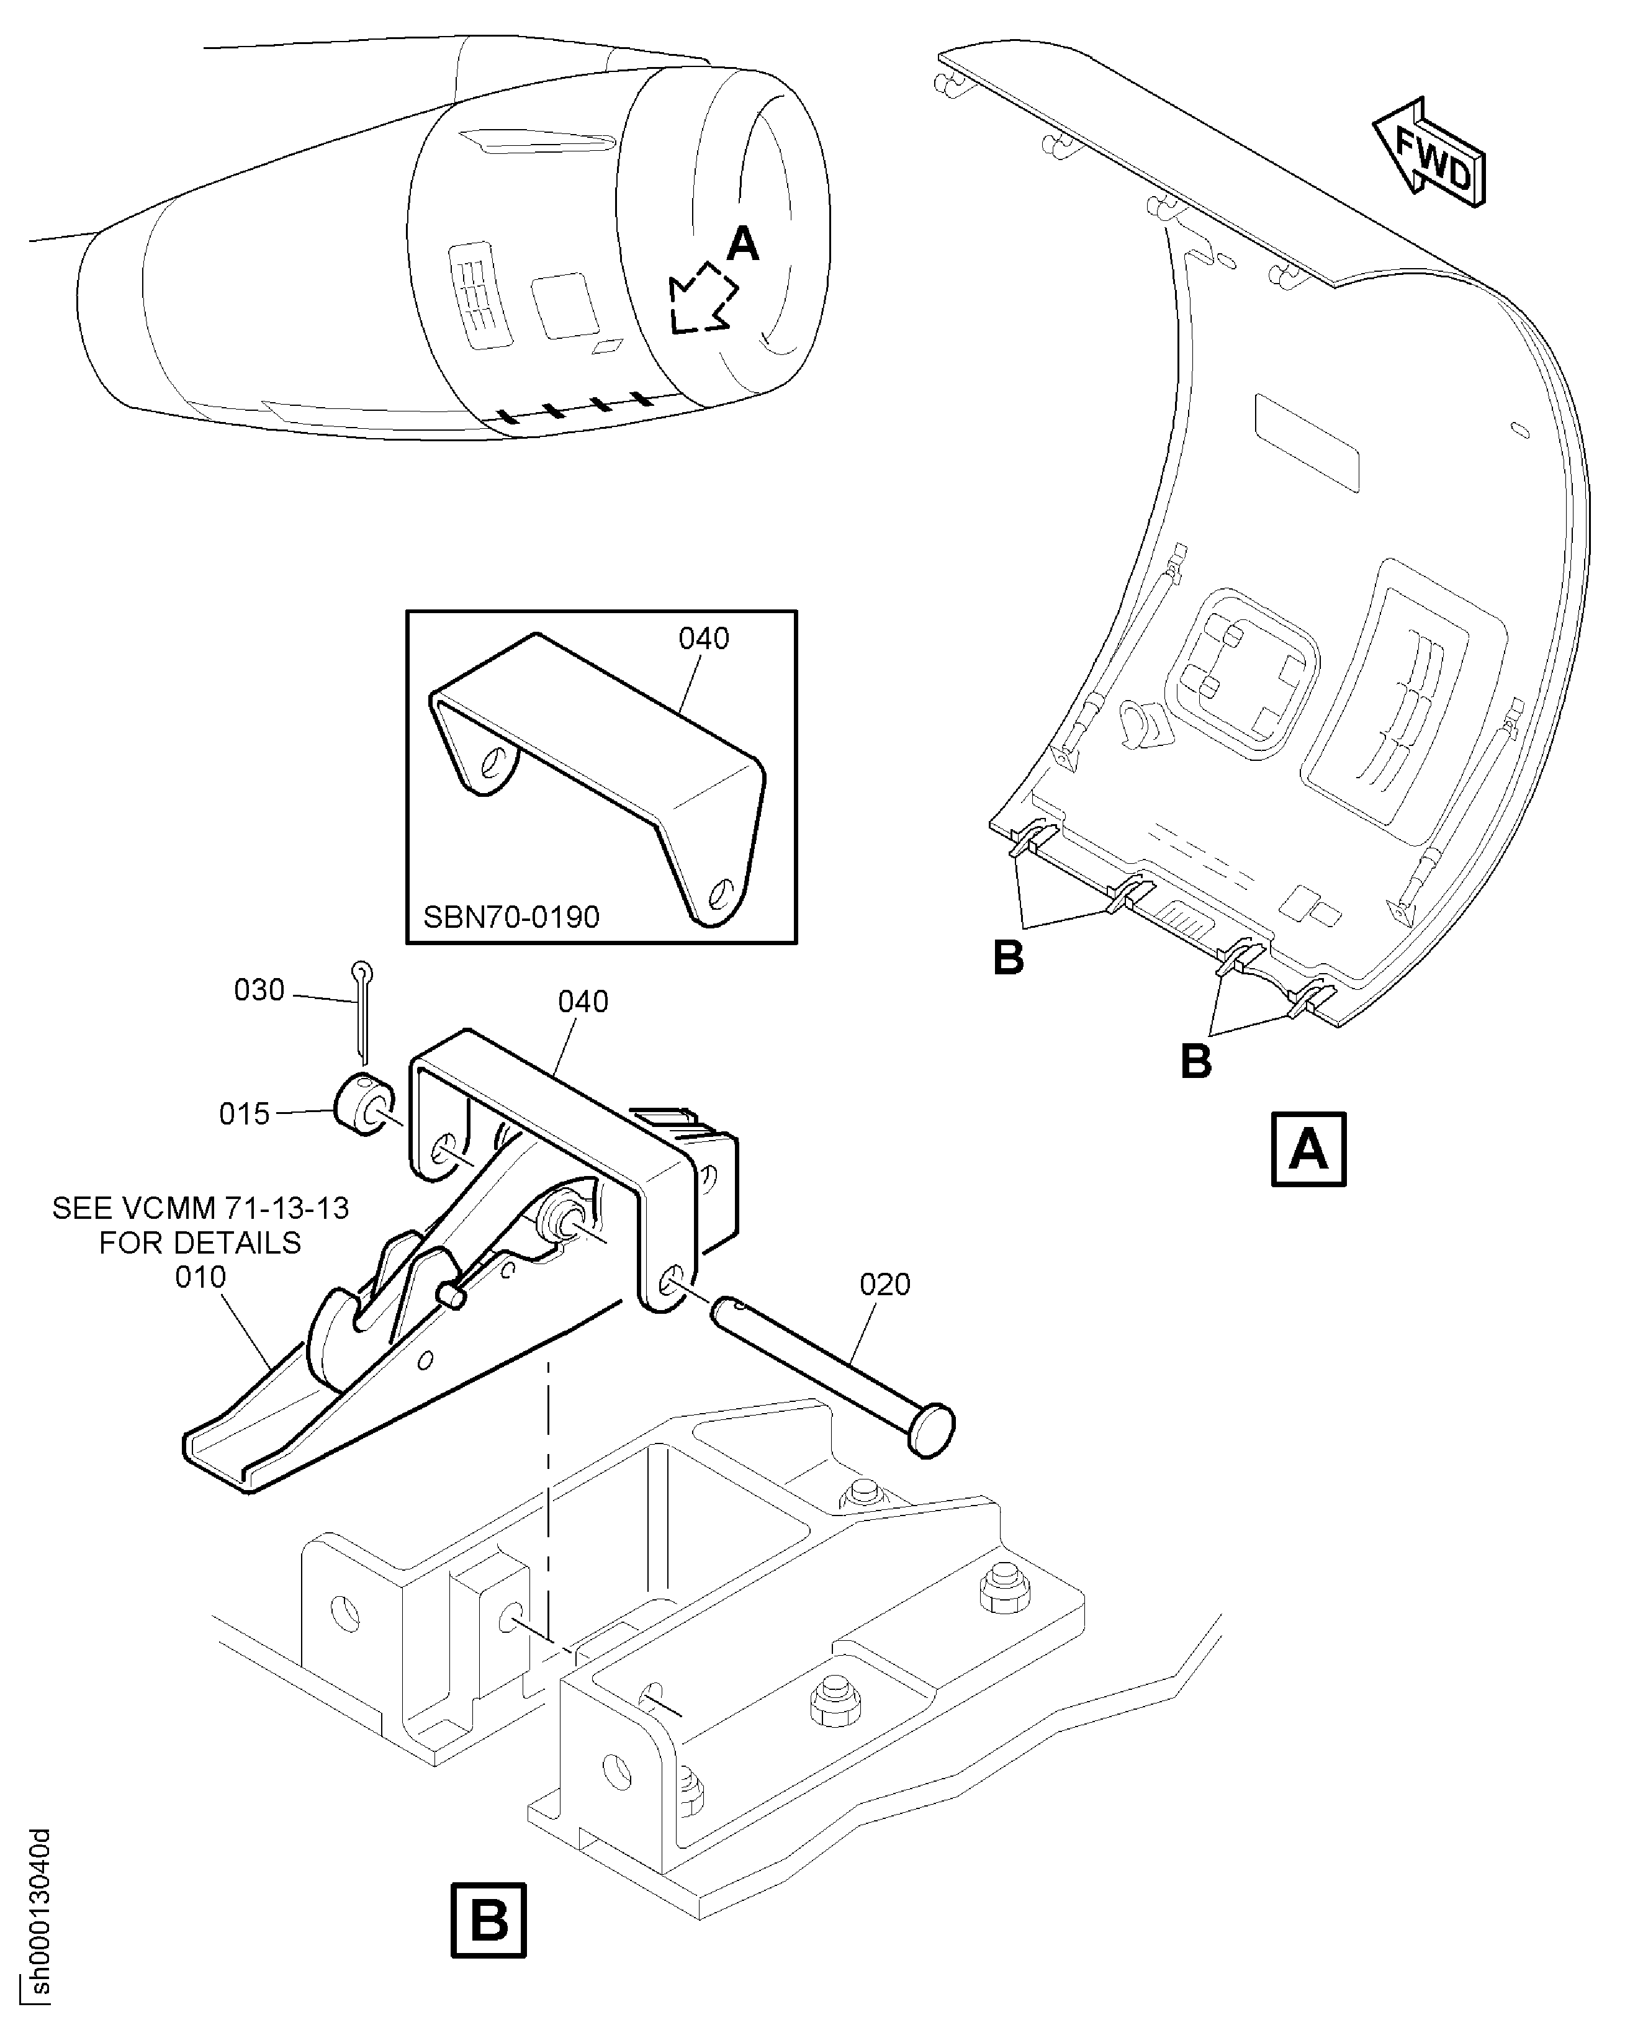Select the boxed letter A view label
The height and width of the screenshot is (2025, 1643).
(1308, 1150)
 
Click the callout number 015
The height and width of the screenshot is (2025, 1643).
(244, 1114)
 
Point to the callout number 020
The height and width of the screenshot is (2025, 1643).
(885, 1284)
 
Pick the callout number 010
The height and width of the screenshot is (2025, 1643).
(200, 1277)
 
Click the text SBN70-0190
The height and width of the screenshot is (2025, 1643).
(511, 917)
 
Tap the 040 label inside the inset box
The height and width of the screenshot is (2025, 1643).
(704, 639)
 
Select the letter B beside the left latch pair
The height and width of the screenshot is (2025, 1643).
(1009, 959)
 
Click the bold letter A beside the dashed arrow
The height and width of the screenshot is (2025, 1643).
(743, 245)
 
